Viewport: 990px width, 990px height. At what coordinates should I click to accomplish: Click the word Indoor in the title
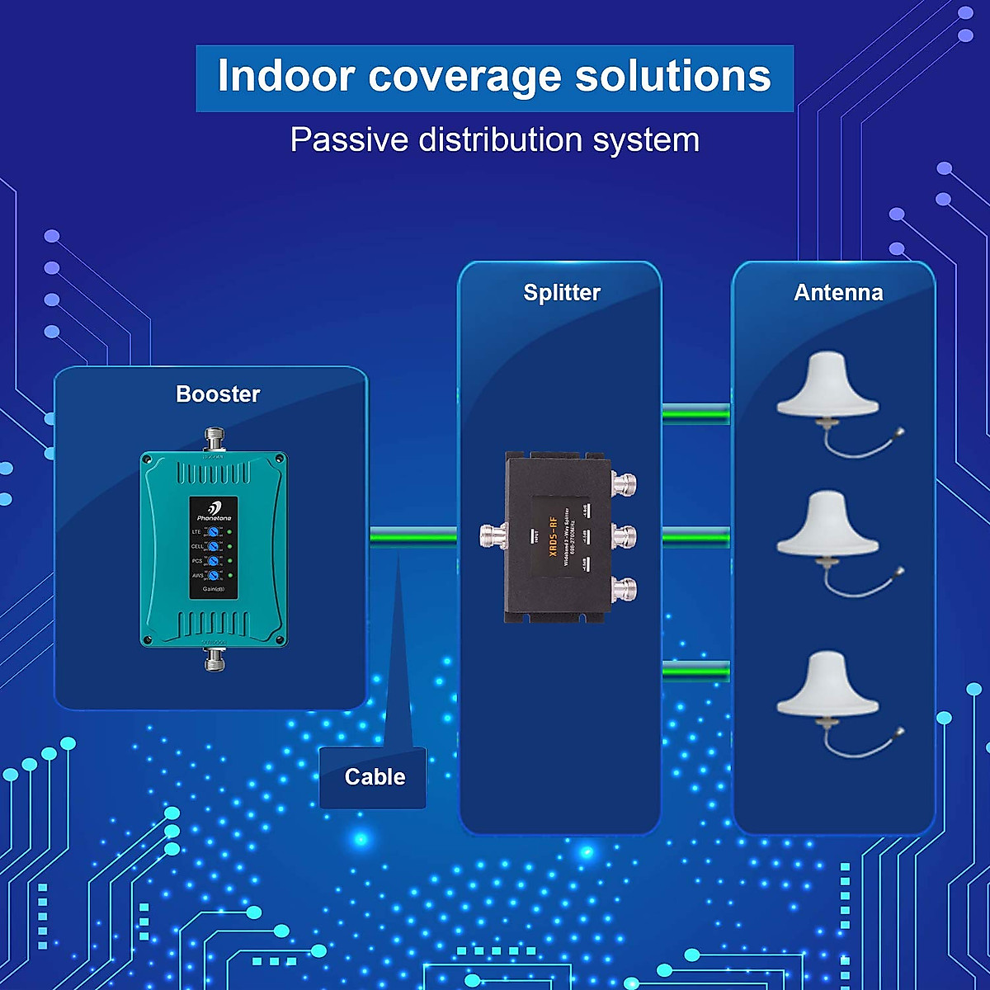[x=285, y=76]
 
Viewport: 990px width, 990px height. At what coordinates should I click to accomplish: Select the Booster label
[x=218, y=394]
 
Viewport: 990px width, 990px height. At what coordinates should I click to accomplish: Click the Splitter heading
[x=562, y=293]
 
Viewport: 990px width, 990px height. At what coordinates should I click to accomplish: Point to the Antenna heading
[x=838, y=293]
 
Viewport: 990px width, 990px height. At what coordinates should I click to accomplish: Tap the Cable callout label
[x=375, y=777]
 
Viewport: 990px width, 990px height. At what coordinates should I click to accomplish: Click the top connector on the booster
[x=214, y=438]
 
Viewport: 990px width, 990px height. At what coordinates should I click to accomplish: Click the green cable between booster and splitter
[x=412, y=537]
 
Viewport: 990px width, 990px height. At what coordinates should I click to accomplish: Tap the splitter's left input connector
[x=493, y=536]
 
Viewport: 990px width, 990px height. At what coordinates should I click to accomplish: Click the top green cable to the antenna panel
[x=695, y=412]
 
